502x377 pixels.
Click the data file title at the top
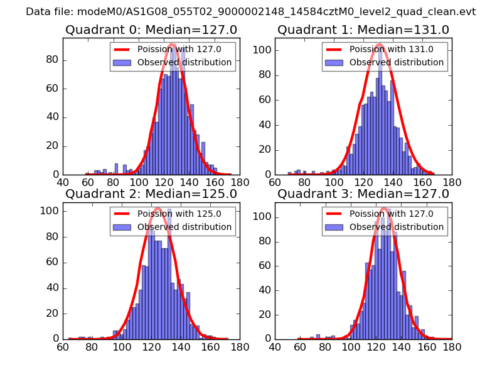coord(250,12)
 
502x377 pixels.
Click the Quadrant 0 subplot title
coord(151,30)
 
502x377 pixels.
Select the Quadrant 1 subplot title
coord(363,30)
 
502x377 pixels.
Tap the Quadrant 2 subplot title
coord(151,194)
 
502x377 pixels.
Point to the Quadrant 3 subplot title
coord(363,194)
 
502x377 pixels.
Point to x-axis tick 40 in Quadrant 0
coord(63,183)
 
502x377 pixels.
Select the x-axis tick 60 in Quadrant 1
coord(275,183)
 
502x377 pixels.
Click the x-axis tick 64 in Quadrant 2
coord(63,347)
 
